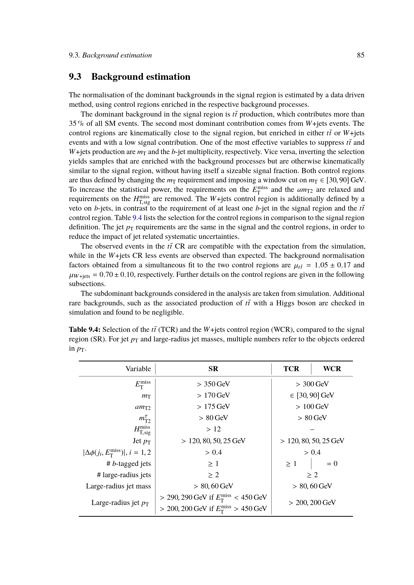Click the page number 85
tap(360, 55)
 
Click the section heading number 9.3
tap(75, 77)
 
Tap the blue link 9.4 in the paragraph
tap(137, 218)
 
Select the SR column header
tap(213, 369)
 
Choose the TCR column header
tap(291, 369)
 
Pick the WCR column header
tap(332, 369)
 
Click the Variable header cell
tap(138, 369)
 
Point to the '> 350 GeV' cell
tap(213, 384)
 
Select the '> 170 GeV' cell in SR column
tap(213, 395)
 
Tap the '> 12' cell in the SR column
tap(213, 429)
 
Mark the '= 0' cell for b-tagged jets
tap(332, 464)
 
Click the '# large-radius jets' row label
tap(124, 475)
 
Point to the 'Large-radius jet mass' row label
tap(118, 486)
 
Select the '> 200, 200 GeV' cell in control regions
tap(312, 503)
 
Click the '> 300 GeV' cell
tap(312, 384)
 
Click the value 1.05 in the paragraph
tap(321, 265)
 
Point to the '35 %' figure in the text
tap(76, 124)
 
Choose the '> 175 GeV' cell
tap(213, 406)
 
